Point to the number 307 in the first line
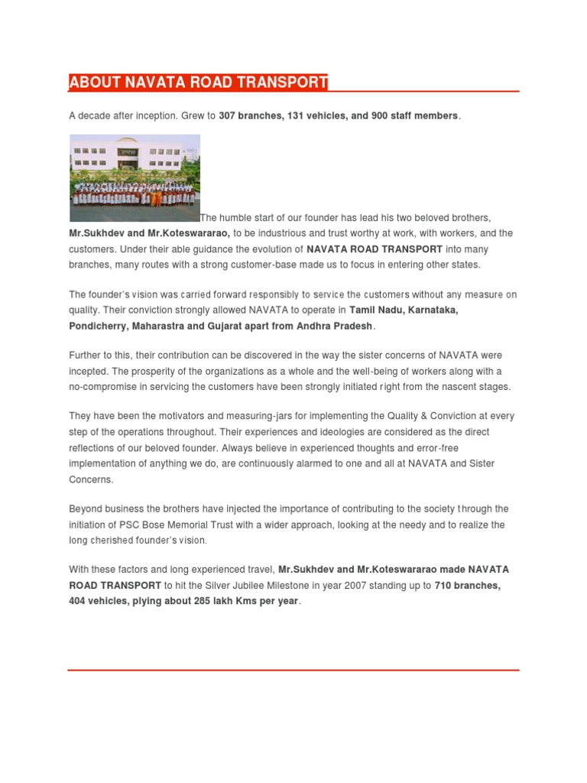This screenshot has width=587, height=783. (227, 115)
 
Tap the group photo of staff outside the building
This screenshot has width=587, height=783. (135, 178)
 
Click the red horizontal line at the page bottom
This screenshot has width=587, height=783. (293, 670)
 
